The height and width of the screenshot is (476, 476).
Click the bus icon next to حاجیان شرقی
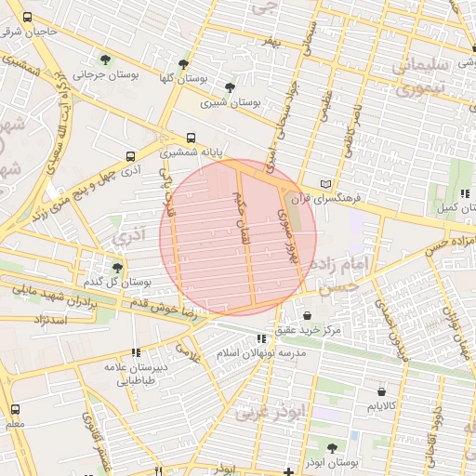pyautogui.click(x=27, y=19)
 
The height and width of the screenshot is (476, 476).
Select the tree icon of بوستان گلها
pyautogui.click(x=183, y=64)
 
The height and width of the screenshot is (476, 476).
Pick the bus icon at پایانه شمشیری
pyautogui.click(x=191, y=135)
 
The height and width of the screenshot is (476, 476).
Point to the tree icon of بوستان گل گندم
pyautogui.click(x=117, y=268)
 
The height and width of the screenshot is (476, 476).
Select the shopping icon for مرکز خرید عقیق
pyautogui.click(x=307, y=315)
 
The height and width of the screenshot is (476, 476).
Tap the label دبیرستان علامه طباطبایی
pyautogui.click(x=136, y=373)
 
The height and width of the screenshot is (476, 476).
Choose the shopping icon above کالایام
pyautogui.click(x=383, y=393)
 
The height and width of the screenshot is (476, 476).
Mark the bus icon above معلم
pyautogui.click(x=15, y=409)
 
